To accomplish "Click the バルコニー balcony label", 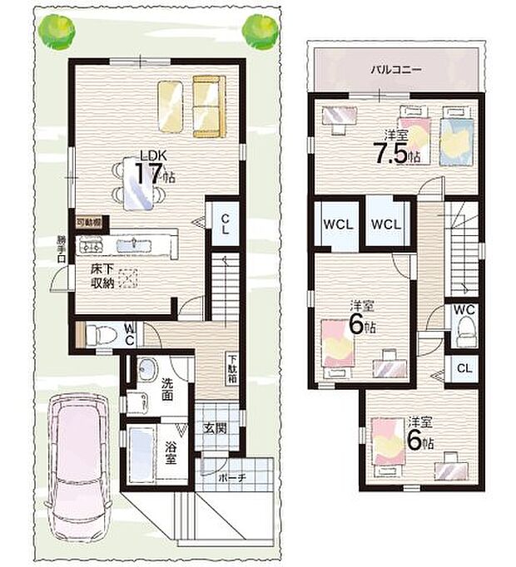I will [x=396, y=70].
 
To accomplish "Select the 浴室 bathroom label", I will [x=170, y=453].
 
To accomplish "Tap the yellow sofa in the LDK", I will [x=207, y=106].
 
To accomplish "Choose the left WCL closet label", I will [x=337, y=224].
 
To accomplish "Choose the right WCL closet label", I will [x=387, y=224].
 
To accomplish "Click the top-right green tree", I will [x=259, y=31].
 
